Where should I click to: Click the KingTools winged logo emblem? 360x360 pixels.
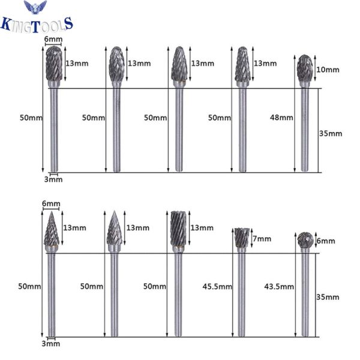tap(35, 7)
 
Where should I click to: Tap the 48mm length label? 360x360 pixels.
tap(281, 118)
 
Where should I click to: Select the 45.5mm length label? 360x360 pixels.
tap(217, 287)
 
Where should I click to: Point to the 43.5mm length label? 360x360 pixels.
tap(279, 287)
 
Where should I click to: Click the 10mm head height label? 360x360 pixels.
tap(328, 70)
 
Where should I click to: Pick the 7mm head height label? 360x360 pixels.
tap(262, 239)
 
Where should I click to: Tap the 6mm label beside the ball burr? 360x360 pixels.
tap(326, 241)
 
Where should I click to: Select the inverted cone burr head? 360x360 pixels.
tap(242, 238)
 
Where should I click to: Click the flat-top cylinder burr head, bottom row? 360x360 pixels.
tap(178, 229)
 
